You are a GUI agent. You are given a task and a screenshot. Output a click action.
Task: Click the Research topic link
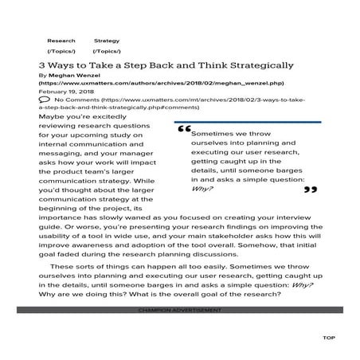[61, 39]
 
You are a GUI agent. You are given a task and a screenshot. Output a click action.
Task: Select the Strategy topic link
[106, 39]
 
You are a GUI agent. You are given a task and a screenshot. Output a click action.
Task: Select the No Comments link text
[73, 99]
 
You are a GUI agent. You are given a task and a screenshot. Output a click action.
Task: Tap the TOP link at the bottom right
[328, 338]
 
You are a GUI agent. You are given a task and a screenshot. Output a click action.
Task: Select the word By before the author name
[42, 74]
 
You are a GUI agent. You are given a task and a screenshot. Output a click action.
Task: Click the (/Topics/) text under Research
[61, 51]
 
